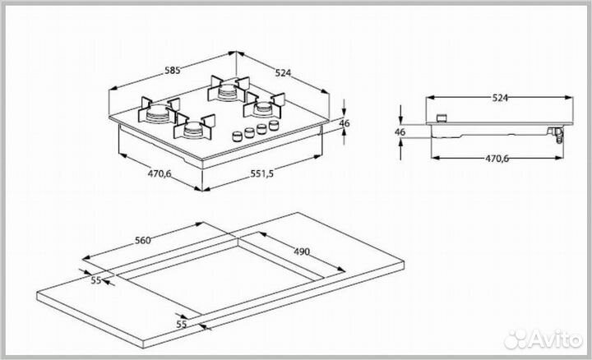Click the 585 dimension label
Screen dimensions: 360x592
172,72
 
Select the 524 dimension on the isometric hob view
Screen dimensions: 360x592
283,73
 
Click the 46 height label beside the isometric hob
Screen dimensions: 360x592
345,123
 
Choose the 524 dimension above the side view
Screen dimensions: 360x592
500,98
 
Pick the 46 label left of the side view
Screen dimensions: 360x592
400,132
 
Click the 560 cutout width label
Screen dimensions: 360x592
142,241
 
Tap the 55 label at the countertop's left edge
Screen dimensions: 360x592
96,281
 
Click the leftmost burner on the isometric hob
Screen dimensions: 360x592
158,113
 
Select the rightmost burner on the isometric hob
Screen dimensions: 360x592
265,106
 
